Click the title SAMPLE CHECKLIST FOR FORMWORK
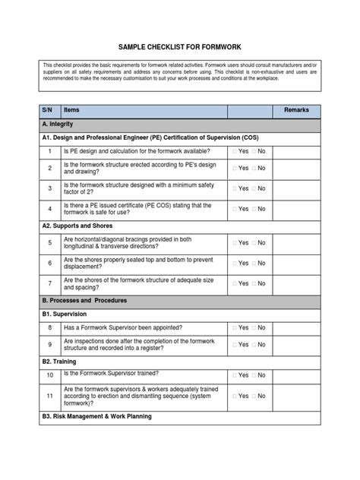pyautogui.click(x=179, y=46)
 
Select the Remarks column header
pyautogui.click(x=296, y=110)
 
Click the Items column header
pyautogui.click(x=72, y=110)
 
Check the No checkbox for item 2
pyautogui.click(x=254, y=168)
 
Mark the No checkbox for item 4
pyautogui.click(x=254, y=208)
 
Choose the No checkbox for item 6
pyautogui.click(x=254, y=263)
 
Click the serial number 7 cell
pyautogui.click(x=49, y=283)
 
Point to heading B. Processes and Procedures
pyautogui.click(x=85, y=300)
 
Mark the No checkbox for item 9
pyautogui.click(x=254, y=345)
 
